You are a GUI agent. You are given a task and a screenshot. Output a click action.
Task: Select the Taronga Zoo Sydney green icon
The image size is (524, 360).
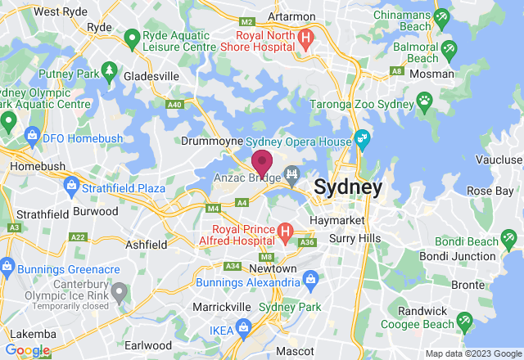424,100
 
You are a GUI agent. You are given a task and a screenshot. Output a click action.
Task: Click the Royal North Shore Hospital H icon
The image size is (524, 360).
305,37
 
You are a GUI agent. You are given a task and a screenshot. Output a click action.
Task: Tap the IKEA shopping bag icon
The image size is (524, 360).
243,327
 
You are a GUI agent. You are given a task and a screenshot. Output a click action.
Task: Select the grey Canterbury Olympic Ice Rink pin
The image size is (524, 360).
120,291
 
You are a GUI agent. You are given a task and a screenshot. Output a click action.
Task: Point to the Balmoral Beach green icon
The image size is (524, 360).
448,52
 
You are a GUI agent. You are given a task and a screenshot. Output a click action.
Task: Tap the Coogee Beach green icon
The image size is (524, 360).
464,318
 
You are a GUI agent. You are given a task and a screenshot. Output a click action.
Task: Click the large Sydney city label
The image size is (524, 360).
348,187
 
